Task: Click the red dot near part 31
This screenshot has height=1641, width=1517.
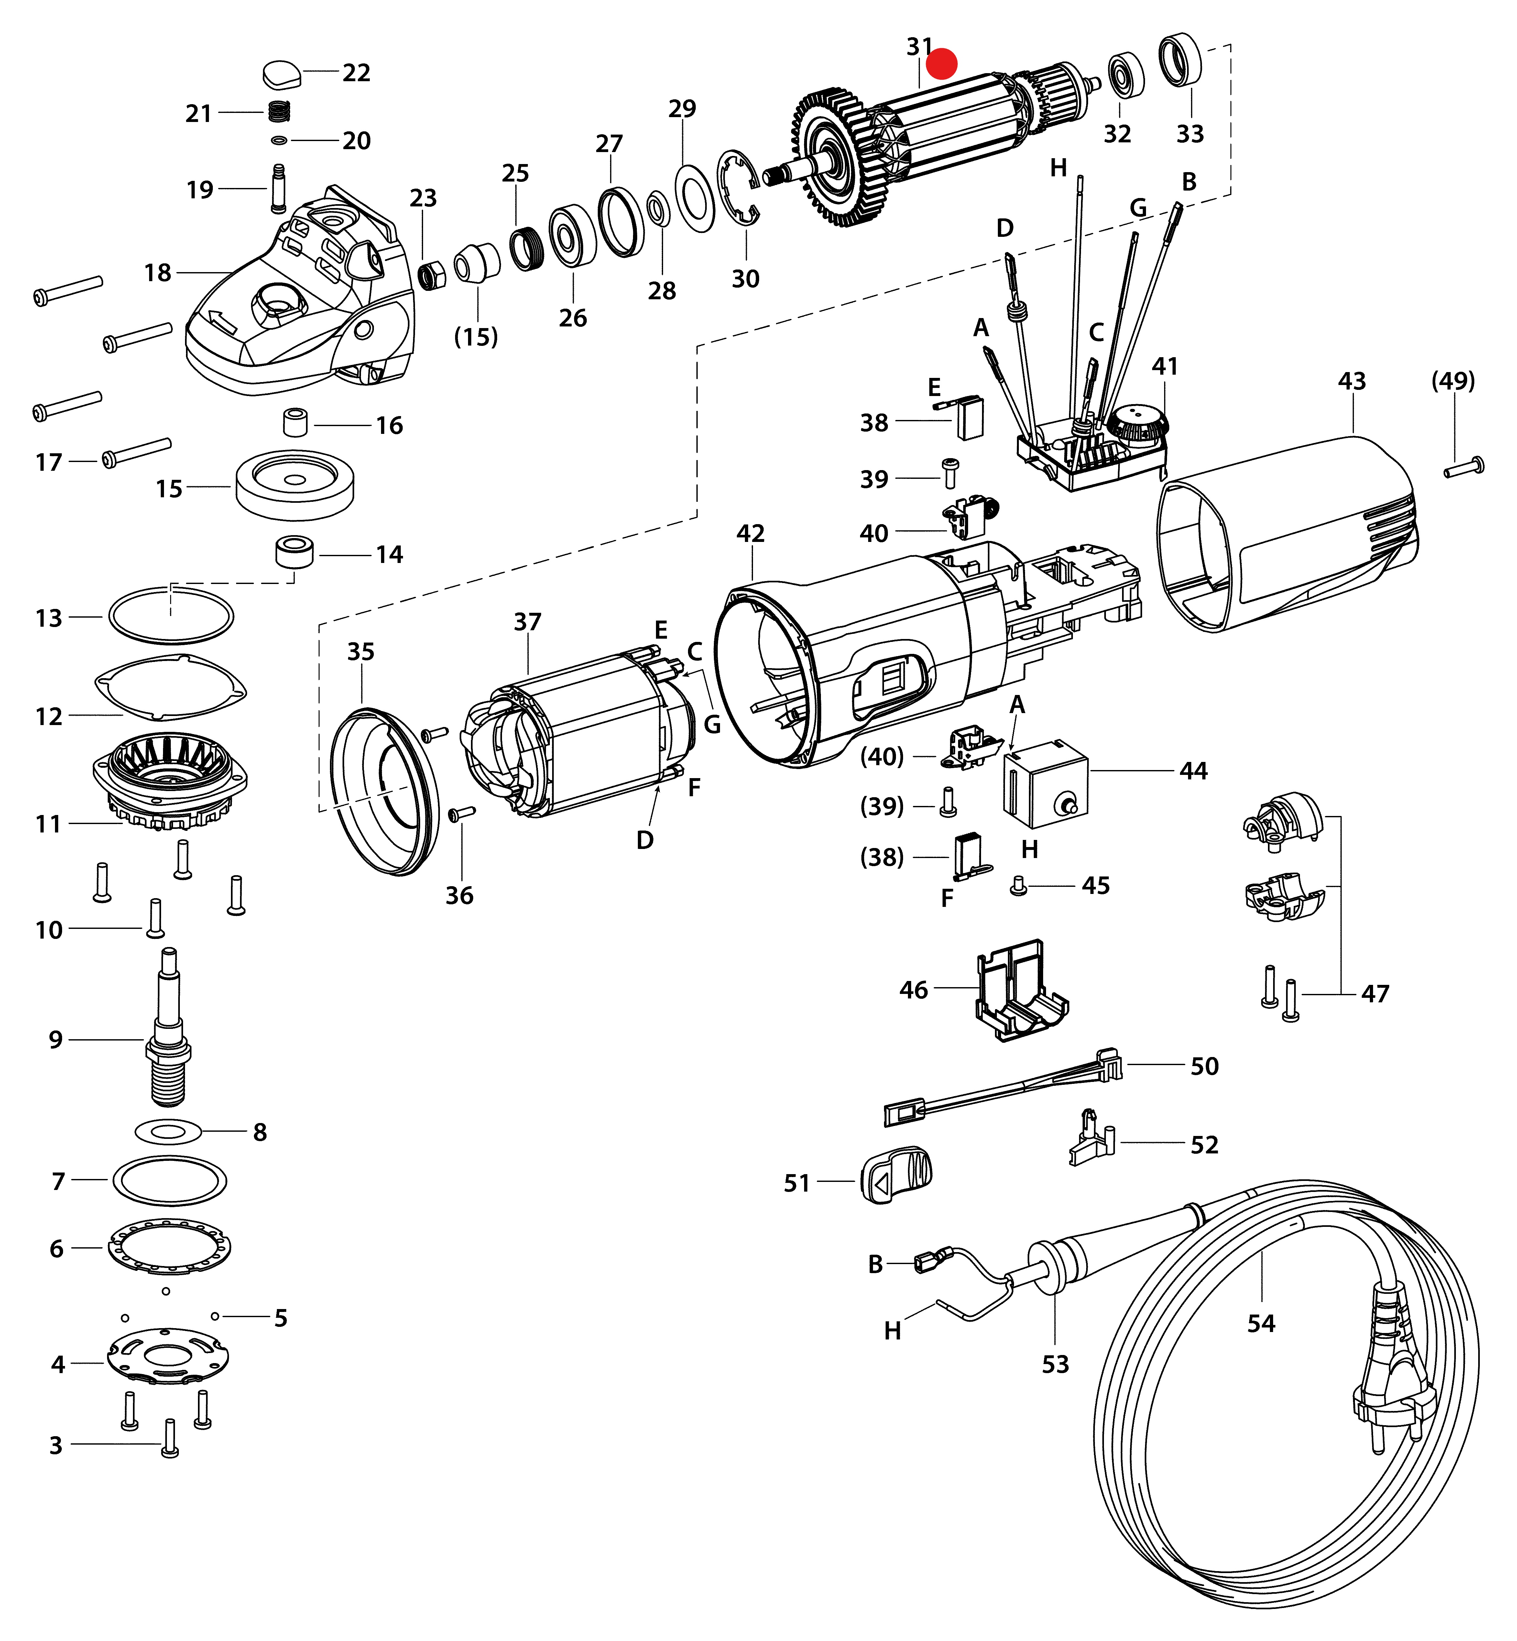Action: point(942,63)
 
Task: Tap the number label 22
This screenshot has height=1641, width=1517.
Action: point(356,73)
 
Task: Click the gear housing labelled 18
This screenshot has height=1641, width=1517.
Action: point(304,304)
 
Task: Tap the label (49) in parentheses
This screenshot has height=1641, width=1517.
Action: point(1453,381)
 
